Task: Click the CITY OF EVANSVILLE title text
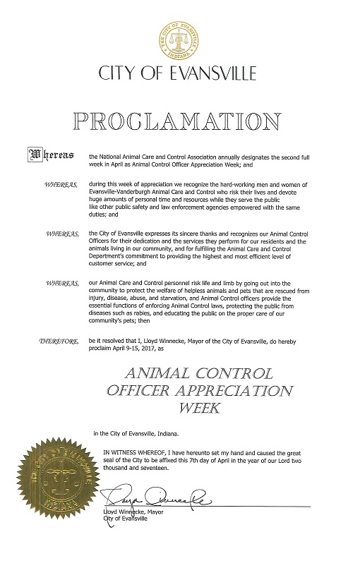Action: point(179,73)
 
